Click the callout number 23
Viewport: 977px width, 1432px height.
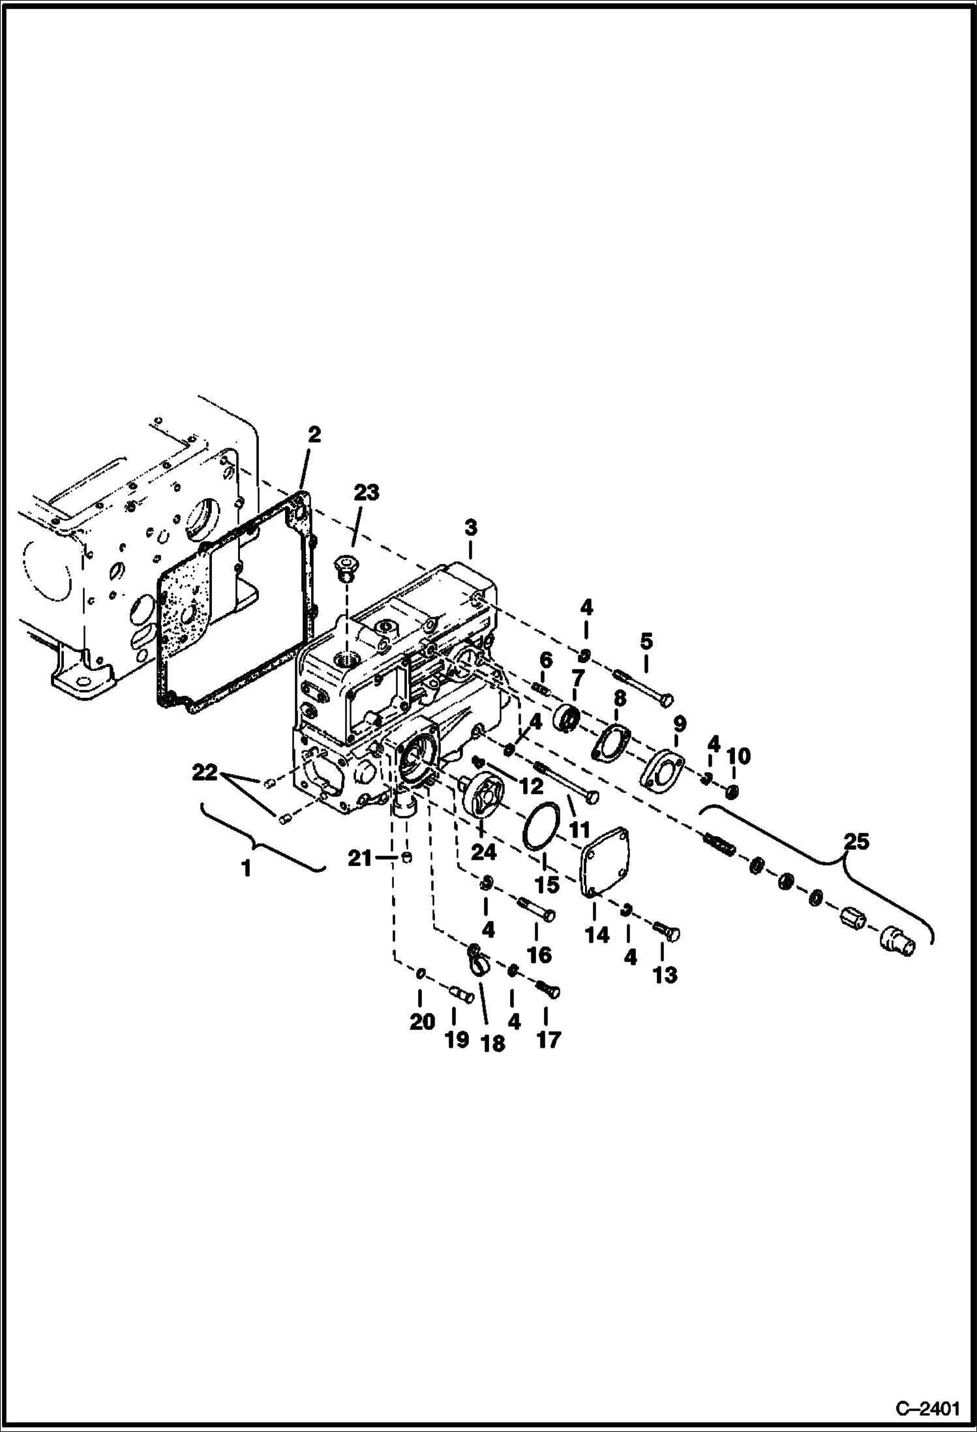pyautogui.click(x=366, y=493)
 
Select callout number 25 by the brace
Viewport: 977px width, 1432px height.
pyautogui.click(x=856, y=841)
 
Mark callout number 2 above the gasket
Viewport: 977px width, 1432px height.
pyautogui.click(x=314, y=435)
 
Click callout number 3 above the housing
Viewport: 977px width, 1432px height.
pyautogui.click(x=471, y=527)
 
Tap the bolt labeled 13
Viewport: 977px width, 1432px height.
pyautogui.click(x=669, y=933)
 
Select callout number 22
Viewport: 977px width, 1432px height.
pyautogui.click(x=205, y=773)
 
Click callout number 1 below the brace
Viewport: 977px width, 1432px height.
pyautogui.click(x=246, y=869)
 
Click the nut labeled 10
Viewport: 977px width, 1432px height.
pyautogui.click(x=732, y=792)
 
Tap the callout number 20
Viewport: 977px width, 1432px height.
pyautogui.click(x=422, y=1021)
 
